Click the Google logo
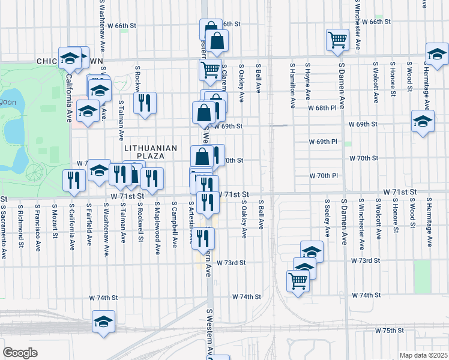click(20, 353)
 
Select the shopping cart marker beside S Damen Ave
click(338, 40)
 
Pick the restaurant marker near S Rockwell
click(145, 103)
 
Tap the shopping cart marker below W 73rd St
click(297, 280)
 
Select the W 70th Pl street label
click(324, 176)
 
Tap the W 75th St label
click(390, 331)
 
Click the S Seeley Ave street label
click(327, 218)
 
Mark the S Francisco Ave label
click(37, 224)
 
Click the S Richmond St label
click(20, 225)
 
